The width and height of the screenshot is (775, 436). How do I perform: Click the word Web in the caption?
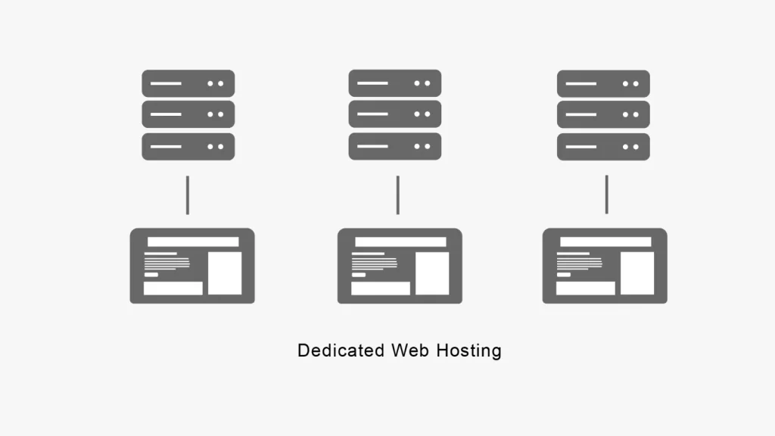click(x=409, y=350)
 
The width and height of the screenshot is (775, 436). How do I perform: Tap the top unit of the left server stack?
click(x=188, y=83)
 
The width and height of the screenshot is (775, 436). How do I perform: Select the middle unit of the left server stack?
click(x=188, y=114)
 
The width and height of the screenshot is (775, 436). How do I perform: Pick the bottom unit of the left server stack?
click(x=188, y=146)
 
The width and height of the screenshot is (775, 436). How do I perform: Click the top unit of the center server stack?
click(x=394, y=83)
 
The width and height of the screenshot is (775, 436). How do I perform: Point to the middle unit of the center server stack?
click(x=394, y=114)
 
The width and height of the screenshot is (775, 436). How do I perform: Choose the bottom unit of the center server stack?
click(x=394, y=146)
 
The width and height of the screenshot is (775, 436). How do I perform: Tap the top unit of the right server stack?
click(x=603, y=83)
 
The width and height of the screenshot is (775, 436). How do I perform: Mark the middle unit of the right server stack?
click(x=603, y=114)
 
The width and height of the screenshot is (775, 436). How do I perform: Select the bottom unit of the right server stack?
click(x=603, y=146)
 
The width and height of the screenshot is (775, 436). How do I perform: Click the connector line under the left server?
click(x=188, y=195)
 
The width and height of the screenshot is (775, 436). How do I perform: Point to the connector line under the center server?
click(x=397, y=195)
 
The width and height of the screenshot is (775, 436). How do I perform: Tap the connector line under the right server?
click(x=606, y=195)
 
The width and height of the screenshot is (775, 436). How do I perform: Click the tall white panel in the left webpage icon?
click(x=225, y=272)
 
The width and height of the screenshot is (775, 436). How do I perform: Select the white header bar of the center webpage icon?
click(x=400, y=242)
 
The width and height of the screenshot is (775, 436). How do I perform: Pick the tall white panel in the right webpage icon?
click(x=637, y=272)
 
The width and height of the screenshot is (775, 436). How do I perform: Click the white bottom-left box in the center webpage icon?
click(x=381, y=288)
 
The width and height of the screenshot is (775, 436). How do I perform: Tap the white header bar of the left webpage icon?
click(x=193, y=242)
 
